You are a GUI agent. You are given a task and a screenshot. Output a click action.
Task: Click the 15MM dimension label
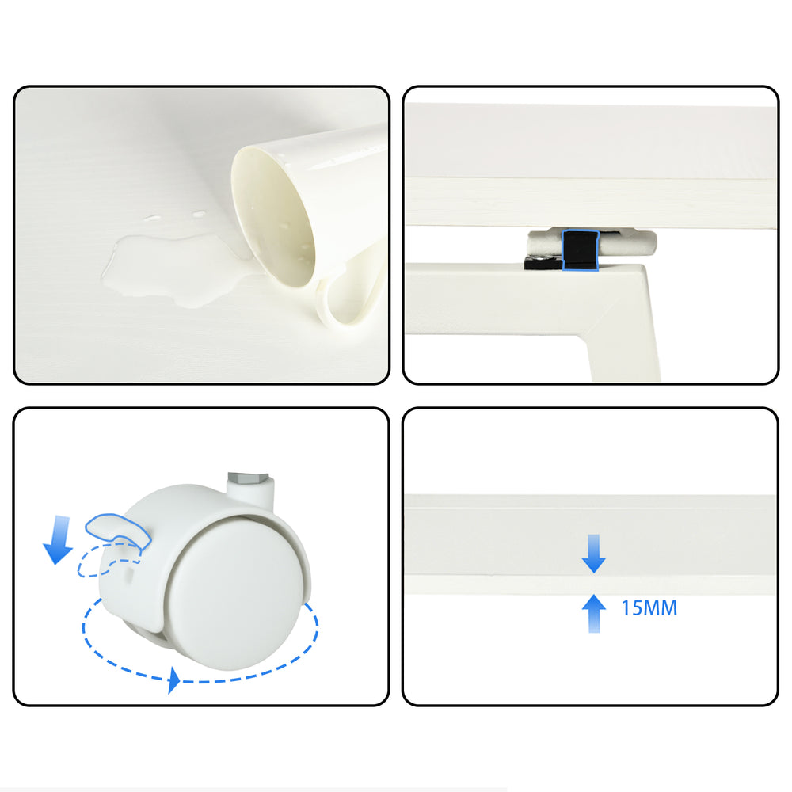pyautogui.click(x=649, y=608)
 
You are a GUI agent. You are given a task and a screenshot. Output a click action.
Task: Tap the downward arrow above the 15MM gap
pyautogui.click(x=594, y=554)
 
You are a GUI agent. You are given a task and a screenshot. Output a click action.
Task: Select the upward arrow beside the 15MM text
pyautogui.click(x=594, y=613)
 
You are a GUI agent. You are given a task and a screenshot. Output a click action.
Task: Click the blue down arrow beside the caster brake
pyautogui.click(x=59, y=539)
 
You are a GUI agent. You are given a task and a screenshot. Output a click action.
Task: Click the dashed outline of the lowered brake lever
pyautogui.click(x=109, y=560)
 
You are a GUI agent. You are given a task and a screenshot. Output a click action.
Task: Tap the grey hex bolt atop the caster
pyautogui.click(x=247, y=477)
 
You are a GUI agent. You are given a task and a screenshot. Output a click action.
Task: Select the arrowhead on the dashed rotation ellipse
pyautogui.click(x=173, y=680)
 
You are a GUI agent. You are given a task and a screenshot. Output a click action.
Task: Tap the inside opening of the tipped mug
pyautogui.click(x=272, y=217)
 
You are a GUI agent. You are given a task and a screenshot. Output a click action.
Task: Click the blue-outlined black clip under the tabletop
pyautogui.click(x=581, y=250)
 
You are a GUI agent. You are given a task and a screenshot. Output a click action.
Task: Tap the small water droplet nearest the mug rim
pyautogui.click(x=199, y=214)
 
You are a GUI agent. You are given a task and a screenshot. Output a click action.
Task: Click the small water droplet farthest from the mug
pyautogui.click(x=152, y=219)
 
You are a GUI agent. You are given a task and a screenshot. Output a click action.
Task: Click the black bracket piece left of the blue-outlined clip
pyautogui.click(x=543, y=262)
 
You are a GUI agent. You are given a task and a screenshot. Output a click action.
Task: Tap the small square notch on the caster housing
pyautogui.click(x=130, y=573)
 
